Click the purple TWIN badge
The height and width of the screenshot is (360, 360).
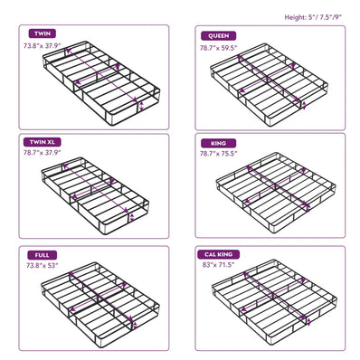(43, 33)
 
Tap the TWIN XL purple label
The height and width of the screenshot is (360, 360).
(43, 142)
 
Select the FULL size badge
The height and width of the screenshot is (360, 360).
(42, 255)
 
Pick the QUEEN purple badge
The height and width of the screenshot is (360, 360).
(219, 36)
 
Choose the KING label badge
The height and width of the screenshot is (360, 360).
(219, 143)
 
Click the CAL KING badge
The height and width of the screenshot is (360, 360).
(219, 254)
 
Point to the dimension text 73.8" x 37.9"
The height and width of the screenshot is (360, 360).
(43, 46)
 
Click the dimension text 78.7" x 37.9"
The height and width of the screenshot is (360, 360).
(43, 152)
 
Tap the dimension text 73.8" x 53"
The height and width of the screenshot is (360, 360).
(42, 266)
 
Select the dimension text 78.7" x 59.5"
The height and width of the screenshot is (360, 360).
(219, 48)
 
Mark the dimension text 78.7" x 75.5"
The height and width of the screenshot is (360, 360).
(219, 154)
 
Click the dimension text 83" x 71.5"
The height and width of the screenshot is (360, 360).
(219, 265)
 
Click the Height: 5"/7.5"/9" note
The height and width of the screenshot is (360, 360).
(313, 17)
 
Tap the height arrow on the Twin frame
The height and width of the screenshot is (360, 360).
(141, 106)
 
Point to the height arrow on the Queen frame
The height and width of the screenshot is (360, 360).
(304, 105)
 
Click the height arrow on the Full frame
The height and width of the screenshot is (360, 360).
(135, 326)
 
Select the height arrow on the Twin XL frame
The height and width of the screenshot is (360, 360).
(132, 217)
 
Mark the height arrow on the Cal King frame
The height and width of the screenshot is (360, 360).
(308, 322)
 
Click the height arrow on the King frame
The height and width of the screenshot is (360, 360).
(308, 208)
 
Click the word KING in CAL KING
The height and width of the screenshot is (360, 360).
(224, 254)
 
